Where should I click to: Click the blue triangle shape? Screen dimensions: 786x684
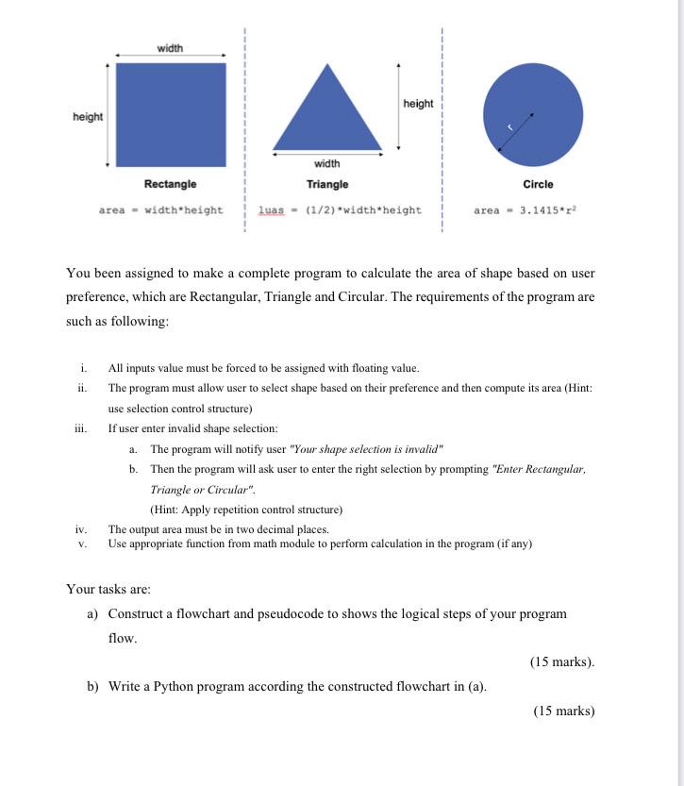327,113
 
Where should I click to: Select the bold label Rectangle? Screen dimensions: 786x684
171,184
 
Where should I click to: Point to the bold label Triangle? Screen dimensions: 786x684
327,184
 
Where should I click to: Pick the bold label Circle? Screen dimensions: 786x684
538,184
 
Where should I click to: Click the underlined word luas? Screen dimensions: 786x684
270,209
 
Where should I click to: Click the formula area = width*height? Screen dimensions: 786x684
161,209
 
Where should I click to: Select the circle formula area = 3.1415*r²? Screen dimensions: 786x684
525,209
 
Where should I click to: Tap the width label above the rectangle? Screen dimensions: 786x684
171,48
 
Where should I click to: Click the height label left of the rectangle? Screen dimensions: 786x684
88,116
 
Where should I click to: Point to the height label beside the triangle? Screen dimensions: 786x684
418,103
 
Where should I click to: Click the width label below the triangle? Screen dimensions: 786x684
327,163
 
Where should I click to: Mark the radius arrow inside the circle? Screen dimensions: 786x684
516,131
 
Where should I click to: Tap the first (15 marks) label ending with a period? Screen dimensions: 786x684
562,661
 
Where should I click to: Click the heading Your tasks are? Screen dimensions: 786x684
108,589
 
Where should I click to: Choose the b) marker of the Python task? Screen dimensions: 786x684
93,686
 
